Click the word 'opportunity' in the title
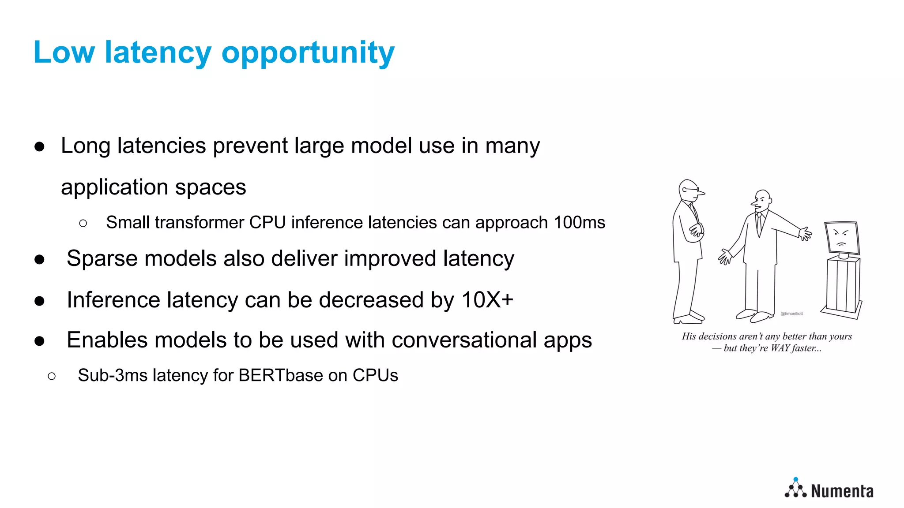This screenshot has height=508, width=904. click(308, 53)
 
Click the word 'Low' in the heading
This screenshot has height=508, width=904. click(64, 52)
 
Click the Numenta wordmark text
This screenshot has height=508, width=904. click(842, 491)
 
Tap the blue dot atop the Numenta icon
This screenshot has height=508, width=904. click(796, 479)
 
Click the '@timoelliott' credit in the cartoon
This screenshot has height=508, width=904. click(792, 314)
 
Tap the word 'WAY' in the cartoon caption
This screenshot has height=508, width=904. click(780, 348)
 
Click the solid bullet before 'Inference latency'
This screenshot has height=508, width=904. click(40, 301)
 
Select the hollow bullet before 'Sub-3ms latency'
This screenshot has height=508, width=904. click(52, 376)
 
